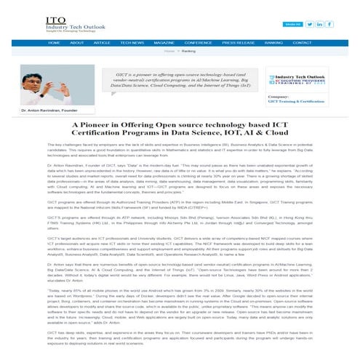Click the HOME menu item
[55, 43]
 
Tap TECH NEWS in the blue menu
[132, 43]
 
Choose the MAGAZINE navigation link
[164, 43]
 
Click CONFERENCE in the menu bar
[198, 43]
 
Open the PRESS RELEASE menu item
[238, 43]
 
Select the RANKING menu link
[273, 43]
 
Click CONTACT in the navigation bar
[304, 43]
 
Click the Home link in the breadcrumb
[169, 52]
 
